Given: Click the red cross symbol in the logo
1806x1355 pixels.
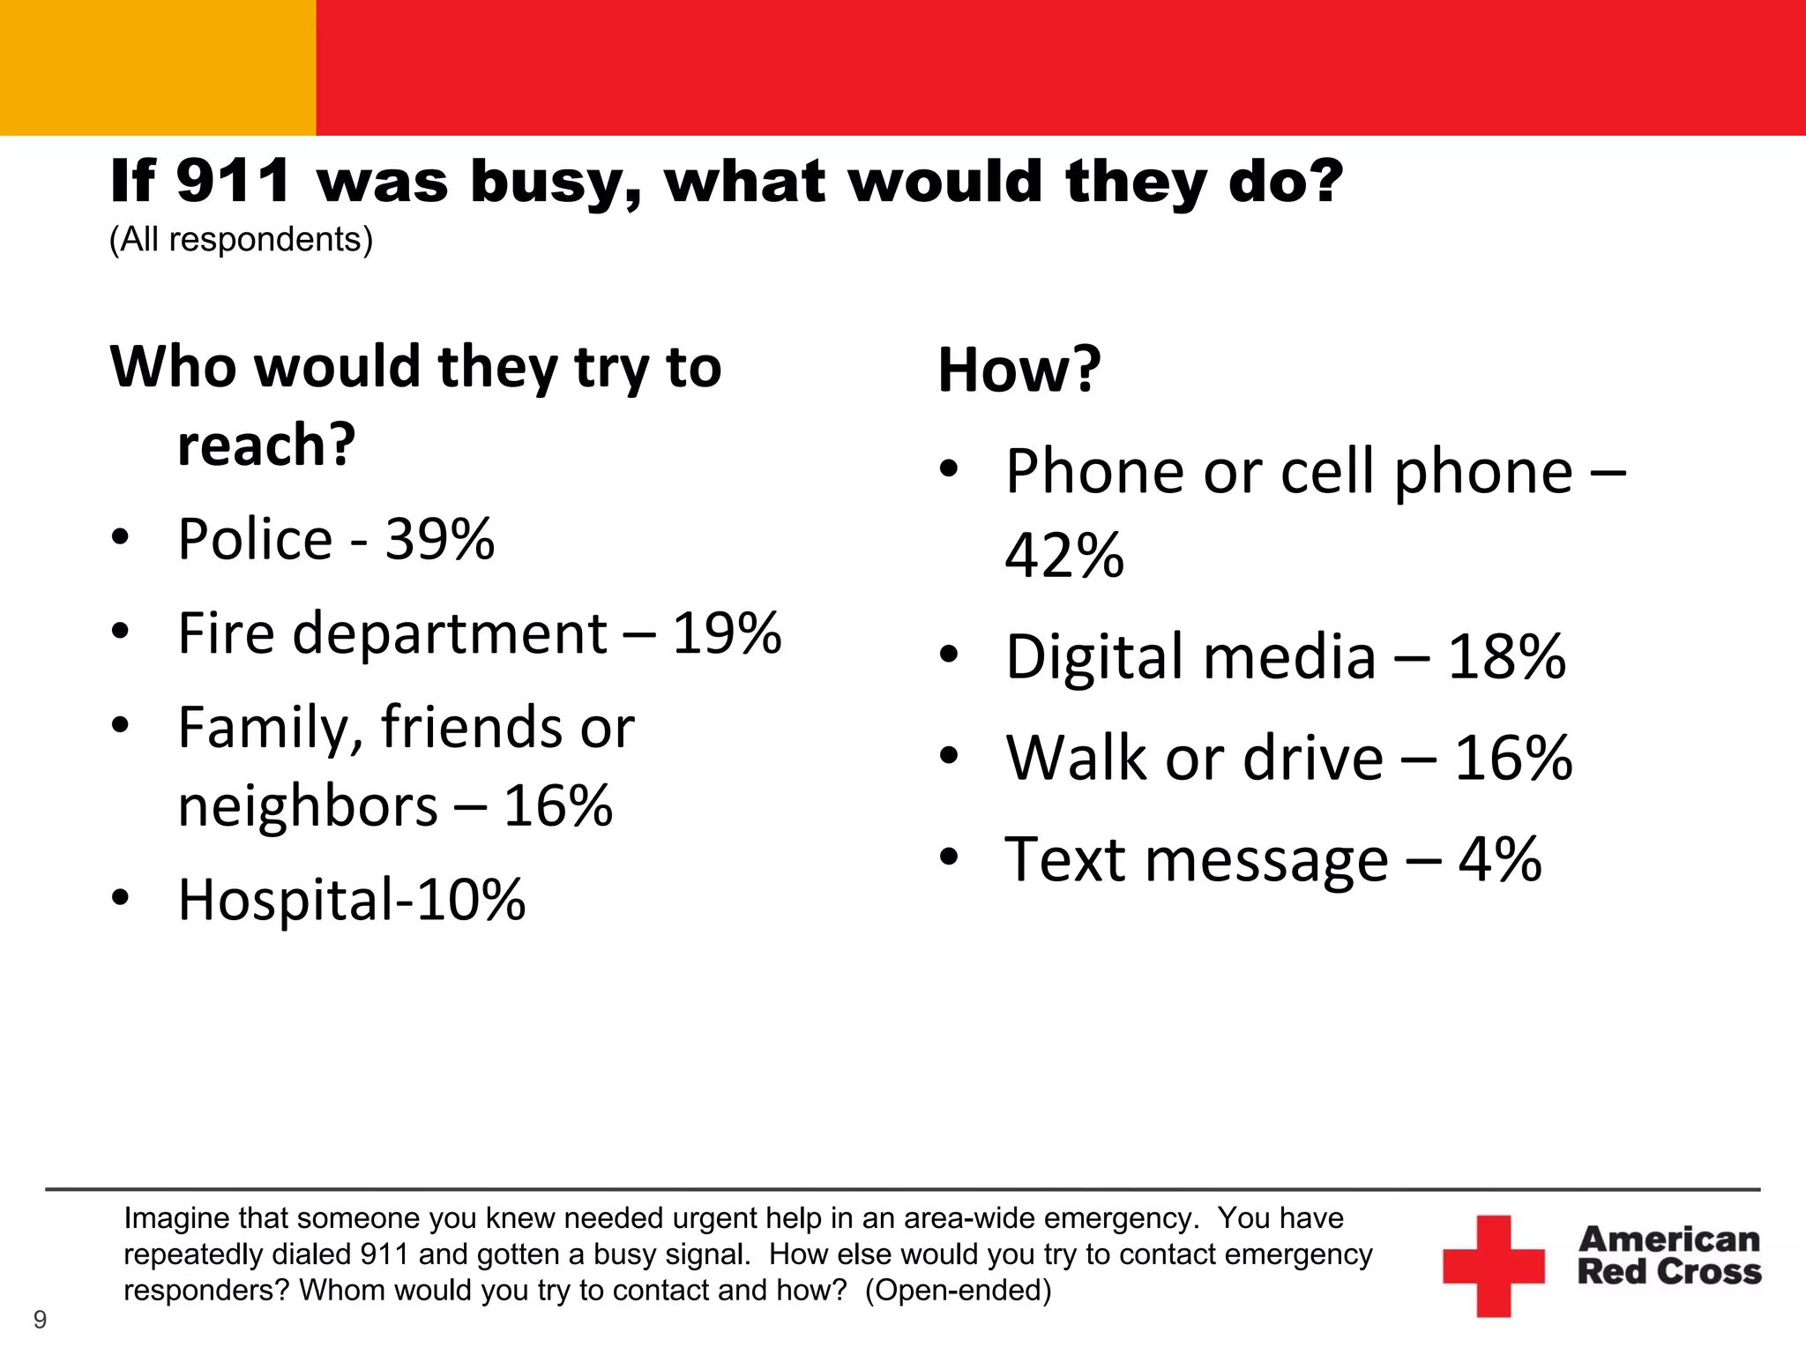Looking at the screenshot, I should [x=1493, y=1266].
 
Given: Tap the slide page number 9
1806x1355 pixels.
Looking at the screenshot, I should [x=40, y=1320].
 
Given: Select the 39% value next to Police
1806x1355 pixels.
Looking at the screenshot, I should [x=439, y=539].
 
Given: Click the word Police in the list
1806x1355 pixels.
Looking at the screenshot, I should [x=255, y=539].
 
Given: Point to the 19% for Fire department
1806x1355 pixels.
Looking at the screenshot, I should [x=727, y=633].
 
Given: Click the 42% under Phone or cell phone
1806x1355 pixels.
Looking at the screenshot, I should [x=1064, y=556].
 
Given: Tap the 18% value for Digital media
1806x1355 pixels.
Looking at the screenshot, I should [x=1506, y=657].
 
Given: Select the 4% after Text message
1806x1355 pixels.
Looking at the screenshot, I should [x=1499, y=859].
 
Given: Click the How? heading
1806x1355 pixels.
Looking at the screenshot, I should [x=1019, y=370].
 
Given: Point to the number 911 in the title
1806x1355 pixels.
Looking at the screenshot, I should [x=233, y=181].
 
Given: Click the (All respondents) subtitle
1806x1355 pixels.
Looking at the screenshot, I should [x=241, y=240].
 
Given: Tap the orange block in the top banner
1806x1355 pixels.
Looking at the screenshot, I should [x=158, y=68].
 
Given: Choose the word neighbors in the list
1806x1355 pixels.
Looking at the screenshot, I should [x=308, y=806].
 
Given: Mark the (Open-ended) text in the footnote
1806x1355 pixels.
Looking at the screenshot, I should [x=958, y=1291].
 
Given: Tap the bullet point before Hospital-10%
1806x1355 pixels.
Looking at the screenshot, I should [x=121, y=898].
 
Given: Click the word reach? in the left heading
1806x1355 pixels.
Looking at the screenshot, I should [x=266, y=445].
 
